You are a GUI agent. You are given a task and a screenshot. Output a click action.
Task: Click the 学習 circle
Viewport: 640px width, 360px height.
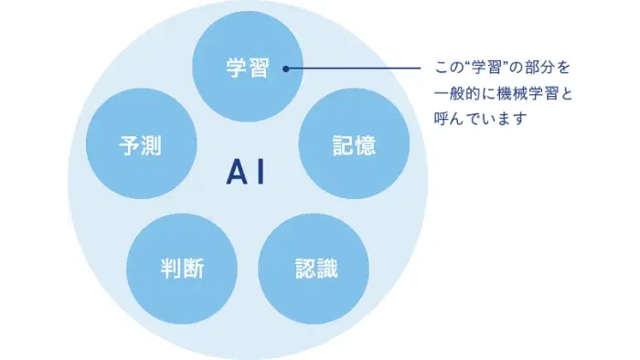pos(247,68)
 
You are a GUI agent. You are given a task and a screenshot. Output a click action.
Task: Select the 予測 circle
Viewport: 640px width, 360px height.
pos(140,144)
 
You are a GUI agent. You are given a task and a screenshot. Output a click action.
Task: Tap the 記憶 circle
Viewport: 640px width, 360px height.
pos(354,144)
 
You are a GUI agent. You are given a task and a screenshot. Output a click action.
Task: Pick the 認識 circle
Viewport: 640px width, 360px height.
pos(314,269)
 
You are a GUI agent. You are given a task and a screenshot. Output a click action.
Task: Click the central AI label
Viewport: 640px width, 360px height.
pos(246,173)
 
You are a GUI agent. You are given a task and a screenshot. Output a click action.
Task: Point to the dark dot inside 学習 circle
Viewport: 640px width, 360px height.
pos(285,69)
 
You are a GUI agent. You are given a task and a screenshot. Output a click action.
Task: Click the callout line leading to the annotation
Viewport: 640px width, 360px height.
pos(357,69)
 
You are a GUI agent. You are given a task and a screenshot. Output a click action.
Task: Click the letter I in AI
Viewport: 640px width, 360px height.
pos(260,173)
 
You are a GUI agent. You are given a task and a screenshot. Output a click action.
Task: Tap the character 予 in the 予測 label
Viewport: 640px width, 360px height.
pos(130,144)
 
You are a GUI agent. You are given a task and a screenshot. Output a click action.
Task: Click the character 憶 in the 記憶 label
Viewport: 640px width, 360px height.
pos(365,144)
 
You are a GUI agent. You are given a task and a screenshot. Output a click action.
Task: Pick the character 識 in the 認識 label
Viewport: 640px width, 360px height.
pos(325,269)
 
